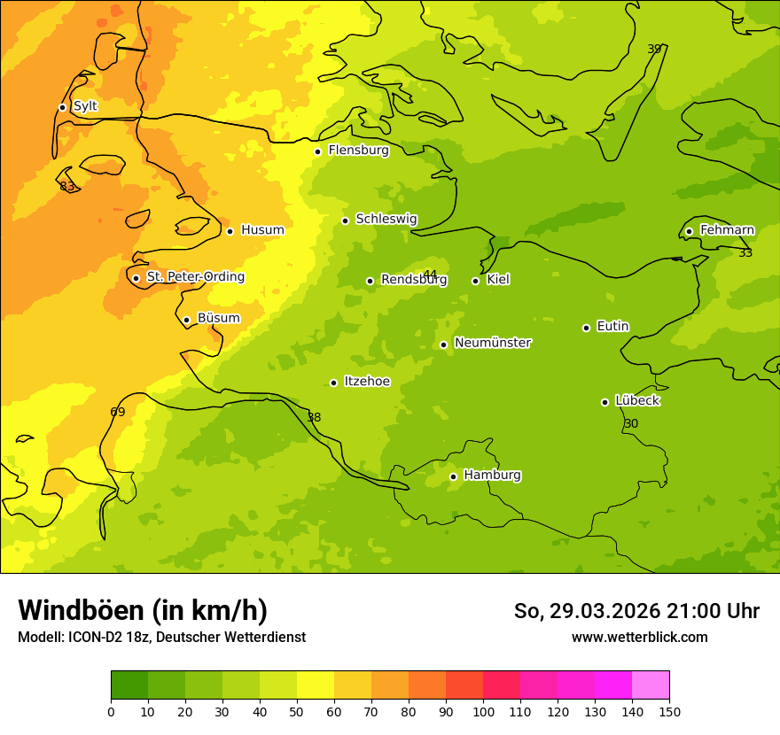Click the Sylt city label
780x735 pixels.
pyautogui.click(x=85, y=106)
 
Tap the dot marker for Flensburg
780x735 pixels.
pyautogui.click(x=317, y=151)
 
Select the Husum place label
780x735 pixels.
pyautogui.click(x=262, y=230)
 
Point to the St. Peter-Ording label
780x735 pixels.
pyautogui.click(x=195, y=277)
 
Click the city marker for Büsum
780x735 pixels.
pyautogui.click(x=186, y=321)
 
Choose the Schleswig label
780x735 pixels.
pyautogui.click(x=386, y=219)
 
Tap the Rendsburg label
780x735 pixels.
pyautogui.click(x=413, y=280)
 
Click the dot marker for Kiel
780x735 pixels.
pyautogui.click(x=475, y=281)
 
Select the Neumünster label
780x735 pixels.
pyautogui.click(x=492, y=343)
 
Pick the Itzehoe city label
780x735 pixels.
pyautogui.click(x=367, y=382)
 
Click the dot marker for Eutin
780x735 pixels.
pyautogui.click(x=586, y=328)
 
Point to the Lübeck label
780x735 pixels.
pyautogui.click(x=636, y=400)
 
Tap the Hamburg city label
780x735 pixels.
pyautogui.click(x=492, y=475)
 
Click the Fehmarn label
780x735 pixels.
pyautogui.click(x=727, y=230)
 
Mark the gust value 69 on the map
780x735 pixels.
pyautogui.click(x=118, y=412)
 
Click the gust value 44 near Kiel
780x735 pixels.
pyautogui.click(x=430, y=274)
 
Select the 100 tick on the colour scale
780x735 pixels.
pyautogui.click(x=483, y=712)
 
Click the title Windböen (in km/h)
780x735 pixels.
pyautogui.click(x=143, y=610)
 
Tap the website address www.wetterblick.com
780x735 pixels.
pyautogui.click(x=639, y=638)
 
